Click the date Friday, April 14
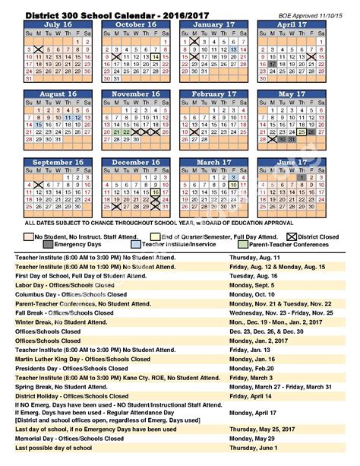tap(254, 395)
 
